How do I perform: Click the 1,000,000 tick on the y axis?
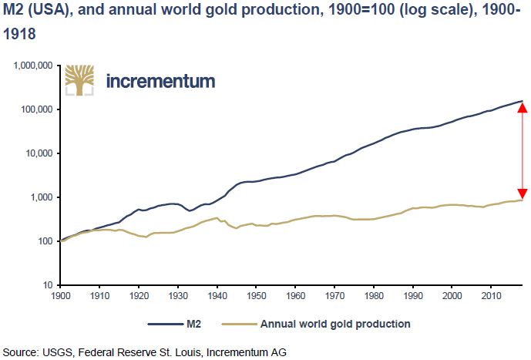[x=33, y=66]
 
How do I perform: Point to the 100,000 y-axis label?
[x=36, y=109]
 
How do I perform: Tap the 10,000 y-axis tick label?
[x=39, y=153]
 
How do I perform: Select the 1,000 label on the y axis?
[x=42, y=197]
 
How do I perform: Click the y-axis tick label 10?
[x=48, y=285]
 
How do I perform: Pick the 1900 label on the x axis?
[x=61, y=296]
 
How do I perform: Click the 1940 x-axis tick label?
[x=217, y=296]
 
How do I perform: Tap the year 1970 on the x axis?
[x=334, y=296]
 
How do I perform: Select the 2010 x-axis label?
[x=491, y=296]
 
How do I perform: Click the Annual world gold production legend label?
[x=335, y=324]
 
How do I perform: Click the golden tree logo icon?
[x=79, y=80]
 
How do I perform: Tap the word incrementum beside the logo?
[x=160, y=81]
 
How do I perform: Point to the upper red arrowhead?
[x=523, y=107]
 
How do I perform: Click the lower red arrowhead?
[x=523, y=193]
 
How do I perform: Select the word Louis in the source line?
[x=188, y=352]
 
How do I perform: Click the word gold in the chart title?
[x=222, y=10]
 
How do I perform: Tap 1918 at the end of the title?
[x=19, y=34]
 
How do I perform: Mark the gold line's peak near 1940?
[x=217, y=217]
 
